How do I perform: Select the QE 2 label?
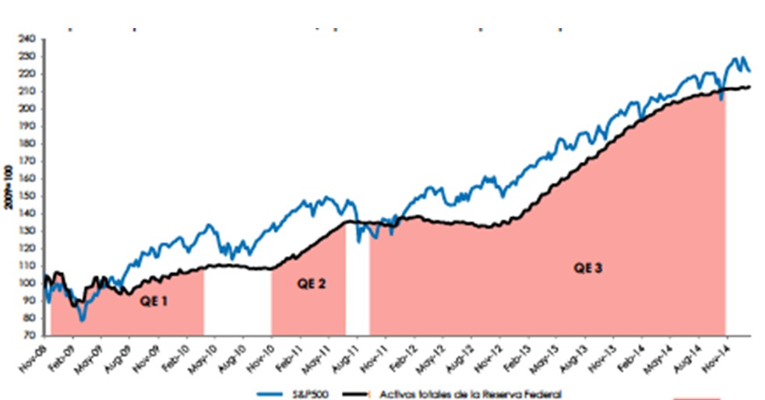[312, 284]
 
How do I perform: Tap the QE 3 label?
[589, 268]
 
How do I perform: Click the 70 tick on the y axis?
[30, 335]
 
